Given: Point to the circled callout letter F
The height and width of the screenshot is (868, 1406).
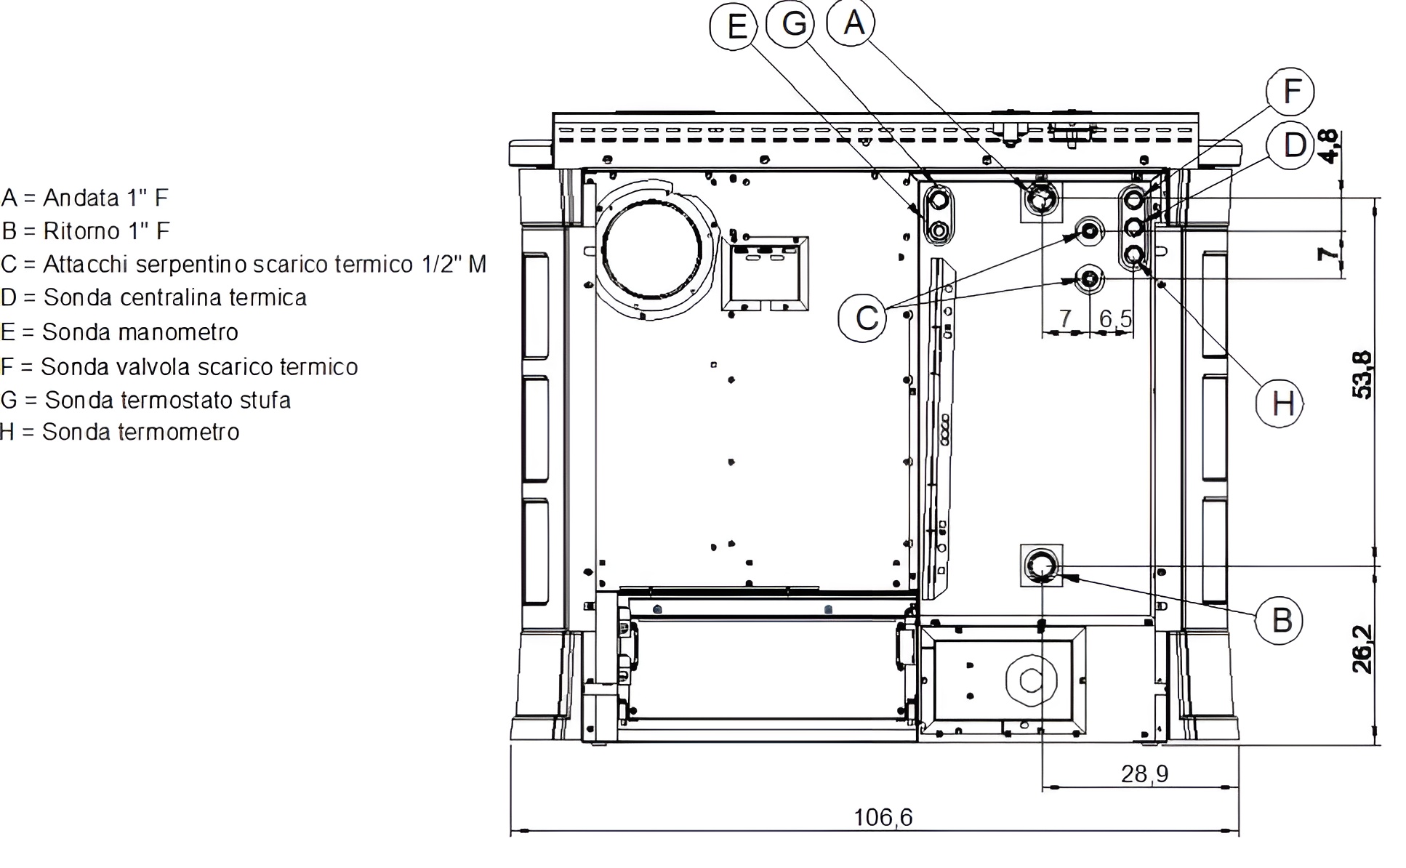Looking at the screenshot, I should click(1290, 92).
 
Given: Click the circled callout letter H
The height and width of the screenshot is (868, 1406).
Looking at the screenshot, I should click(1280, 403).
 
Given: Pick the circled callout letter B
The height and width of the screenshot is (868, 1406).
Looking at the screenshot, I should click(1280, 620).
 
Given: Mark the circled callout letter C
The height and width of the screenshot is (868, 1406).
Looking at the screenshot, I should click(863, 318).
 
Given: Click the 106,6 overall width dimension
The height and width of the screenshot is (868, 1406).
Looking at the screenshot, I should click(883, 818).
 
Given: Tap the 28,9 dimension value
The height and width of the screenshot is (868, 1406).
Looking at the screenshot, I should click(1144, 774).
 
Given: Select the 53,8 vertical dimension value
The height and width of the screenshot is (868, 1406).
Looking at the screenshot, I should click(1362, 374).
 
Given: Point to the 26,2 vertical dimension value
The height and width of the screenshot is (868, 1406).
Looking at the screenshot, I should click(1362, 648).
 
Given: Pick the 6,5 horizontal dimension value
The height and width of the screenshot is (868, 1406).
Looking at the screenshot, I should click(1116, 318).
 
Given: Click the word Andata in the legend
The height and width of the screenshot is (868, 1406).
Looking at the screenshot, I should click(81, 197).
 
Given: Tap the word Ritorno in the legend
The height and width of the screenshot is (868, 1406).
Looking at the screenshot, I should click(81, 230).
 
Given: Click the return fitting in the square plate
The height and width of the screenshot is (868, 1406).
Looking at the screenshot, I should click(1041, 566).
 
